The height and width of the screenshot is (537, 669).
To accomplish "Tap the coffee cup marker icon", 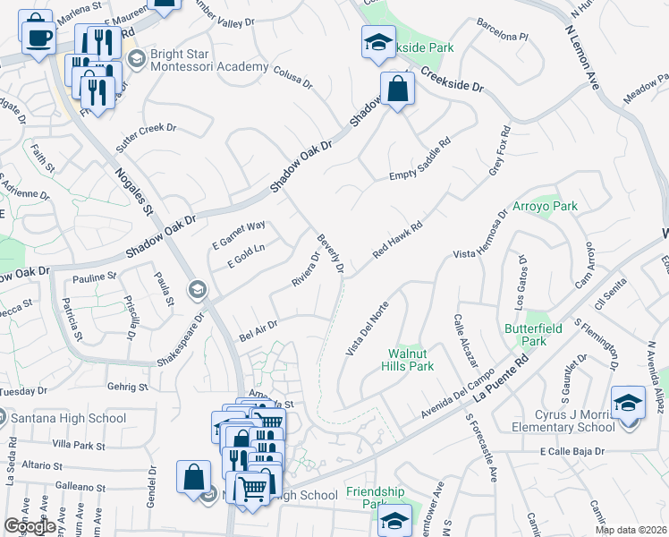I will pos(36,34).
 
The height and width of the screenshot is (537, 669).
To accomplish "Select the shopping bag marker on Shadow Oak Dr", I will pos(397,89).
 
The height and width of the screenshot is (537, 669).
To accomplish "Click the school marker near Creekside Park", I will pos(377,43).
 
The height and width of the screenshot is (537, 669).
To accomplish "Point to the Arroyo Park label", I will pos(545,206).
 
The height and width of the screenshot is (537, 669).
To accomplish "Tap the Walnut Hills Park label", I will pos(410,360).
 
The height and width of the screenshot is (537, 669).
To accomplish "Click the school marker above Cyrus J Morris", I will pos(628,403).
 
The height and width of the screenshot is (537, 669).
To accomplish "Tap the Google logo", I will pos(30,526).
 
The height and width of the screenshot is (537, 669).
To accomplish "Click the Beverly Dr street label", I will pos(330,253).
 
